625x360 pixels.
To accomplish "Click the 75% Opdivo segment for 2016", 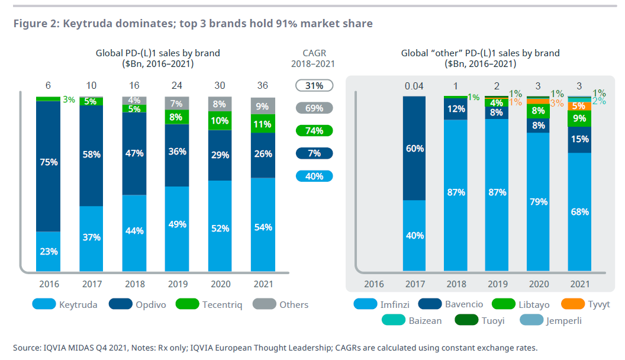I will tap(49, 162).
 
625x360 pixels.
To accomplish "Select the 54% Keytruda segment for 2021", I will tap(263, 227).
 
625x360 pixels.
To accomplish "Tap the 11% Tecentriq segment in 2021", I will tap(263, 124).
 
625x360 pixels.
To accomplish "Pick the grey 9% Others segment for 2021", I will tap(263, 107).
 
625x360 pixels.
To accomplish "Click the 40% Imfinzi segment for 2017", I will tap(415, 235).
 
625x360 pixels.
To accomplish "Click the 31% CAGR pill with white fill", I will tap(314, 86).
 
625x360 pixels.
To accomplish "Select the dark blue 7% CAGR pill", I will tap(314, 153).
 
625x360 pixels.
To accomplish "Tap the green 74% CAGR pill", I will tap(314, 131).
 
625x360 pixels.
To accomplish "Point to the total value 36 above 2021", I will tap(263, 86).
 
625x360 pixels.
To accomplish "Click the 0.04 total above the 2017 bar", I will tap(415, 86).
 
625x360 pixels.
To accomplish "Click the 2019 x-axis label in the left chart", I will tap(178, 284).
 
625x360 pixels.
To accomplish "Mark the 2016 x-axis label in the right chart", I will tap(373, 284).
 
